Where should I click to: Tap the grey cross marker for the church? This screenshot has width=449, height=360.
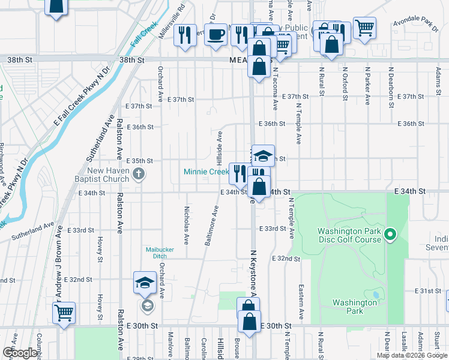click(x=139, y=175)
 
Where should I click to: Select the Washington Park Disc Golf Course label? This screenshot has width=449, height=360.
click(x=349, y=235)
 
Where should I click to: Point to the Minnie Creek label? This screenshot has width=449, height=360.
click(x=206, y=172)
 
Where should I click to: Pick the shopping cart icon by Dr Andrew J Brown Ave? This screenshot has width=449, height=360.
click(x=64, y=312)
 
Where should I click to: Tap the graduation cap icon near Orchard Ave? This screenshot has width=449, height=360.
click(x=145, y=282)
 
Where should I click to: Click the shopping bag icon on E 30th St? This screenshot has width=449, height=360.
click(x=250, y=321)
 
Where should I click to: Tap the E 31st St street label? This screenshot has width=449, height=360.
click(x=429, y=291)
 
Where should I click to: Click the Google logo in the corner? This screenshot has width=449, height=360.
click(x=20, y=353)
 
